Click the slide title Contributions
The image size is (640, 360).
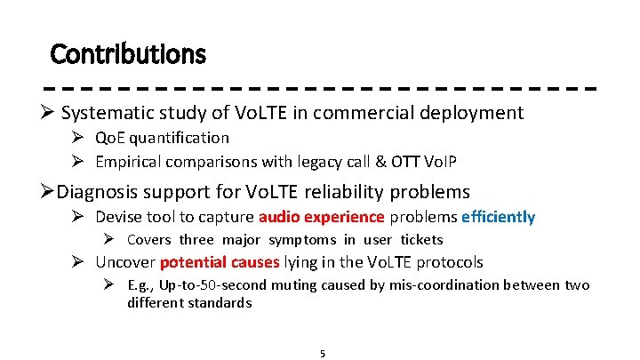point(128,54)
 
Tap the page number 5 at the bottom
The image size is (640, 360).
point(323,353)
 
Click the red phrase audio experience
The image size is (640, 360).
point(321,217)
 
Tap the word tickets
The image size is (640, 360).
point(421,239)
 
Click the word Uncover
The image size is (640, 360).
point(124,261)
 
